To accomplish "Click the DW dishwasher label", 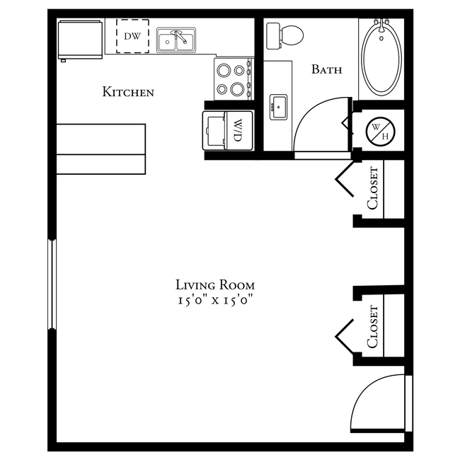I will pos(132,35).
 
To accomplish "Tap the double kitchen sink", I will pos(176,41).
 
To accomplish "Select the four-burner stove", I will pos(233,79).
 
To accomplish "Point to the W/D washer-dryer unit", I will pos(228,130).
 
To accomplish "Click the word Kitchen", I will pos(128,92).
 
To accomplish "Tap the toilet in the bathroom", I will pos(284,34).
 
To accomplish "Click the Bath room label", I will pos(326,69).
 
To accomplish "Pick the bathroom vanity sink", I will pos(278,108).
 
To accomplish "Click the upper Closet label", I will pos(373,188).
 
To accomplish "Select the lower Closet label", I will pos(373,326).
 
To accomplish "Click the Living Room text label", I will pos(214,284).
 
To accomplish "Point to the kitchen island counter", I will pos(100,149).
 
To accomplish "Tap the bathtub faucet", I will pos(381,26).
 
